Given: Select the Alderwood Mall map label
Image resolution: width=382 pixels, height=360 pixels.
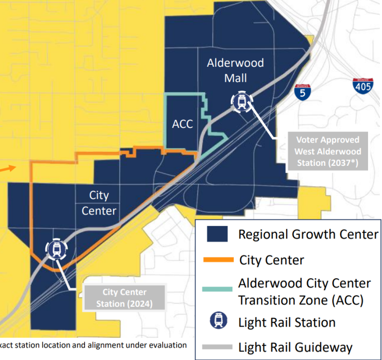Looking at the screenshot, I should pos(235,71).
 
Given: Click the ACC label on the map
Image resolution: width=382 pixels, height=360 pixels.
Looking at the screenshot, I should pos(183,124).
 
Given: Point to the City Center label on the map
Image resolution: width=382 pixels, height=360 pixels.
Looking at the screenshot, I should pos(99,203).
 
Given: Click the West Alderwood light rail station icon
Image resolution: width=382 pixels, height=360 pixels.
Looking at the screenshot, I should pos(242,102).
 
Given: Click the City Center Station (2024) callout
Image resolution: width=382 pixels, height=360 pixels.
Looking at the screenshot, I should pos(124,298).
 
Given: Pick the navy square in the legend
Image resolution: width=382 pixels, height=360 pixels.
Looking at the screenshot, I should pos(217,234).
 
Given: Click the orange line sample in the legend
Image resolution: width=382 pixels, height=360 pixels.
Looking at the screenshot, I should pos(218,259).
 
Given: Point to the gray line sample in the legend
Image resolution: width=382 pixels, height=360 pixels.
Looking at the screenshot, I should pos(218,347).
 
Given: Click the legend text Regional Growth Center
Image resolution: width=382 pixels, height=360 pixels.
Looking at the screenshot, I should pos(308,234).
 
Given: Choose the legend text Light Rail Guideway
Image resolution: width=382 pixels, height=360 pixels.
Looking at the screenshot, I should pos(295,347).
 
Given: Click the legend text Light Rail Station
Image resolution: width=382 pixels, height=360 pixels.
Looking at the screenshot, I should pos(286,322).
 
